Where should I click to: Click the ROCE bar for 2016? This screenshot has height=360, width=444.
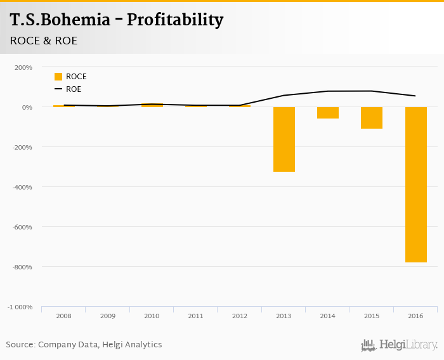tap(415, 184)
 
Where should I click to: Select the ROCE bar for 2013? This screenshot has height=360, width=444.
tap(284, 139)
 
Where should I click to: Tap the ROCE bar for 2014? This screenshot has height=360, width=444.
tap(328, 112)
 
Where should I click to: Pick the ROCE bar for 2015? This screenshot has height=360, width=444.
tap(372, 117)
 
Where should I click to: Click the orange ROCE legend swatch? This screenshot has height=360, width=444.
tap(58, 77)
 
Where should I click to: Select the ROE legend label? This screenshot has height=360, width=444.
tap(74, 89)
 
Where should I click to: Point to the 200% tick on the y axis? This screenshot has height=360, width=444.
tap(23, 67)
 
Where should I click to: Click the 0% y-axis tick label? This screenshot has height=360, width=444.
tap(26, 107)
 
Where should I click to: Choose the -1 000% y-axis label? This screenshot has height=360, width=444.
tap(20, 307)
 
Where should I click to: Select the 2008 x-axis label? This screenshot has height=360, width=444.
tap(63, 316)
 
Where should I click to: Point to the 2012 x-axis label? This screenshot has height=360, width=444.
tap(239, 316)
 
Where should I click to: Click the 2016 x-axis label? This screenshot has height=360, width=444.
tap(415, 316)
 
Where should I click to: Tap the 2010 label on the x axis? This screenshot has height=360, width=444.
tap(152, 316)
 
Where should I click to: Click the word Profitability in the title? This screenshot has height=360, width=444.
tap(175, 20)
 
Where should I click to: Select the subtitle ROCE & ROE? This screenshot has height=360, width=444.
tap(44, 41)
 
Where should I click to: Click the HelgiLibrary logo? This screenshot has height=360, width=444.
tap(399, 345)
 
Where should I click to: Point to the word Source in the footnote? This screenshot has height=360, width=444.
tap(20, 345)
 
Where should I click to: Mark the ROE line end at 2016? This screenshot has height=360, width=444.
tap(415, 96)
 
